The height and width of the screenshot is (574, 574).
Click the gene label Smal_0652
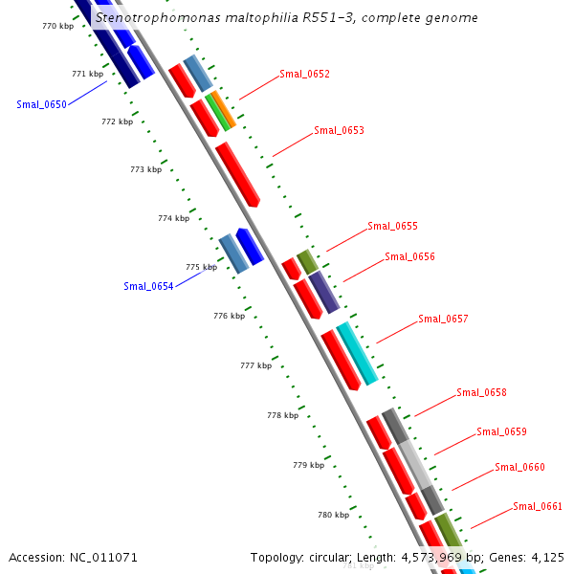click(304, 74)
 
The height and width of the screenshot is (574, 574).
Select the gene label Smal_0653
click(339, 130)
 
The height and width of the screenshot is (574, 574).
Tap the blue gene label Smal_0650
click(41, 104)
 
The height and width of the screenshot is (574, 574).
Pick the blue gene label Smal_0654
click(148, 286)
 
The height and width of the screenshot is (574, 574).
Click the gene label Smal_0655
click(392, 227)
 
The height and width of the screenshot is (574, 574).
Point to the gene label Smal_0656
click(409, 256)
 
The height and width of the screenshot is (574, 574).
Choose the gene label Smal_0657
click(443, 319)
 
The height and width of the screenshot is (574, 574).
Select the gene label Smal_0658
click(481, 392)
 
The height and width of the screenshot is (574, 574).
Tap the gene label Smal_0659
click(501, 431)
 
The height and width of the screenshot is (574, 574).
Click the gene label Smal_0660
click(519, 467)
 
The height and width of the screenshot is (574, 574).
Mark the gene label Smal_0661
click(538, 506)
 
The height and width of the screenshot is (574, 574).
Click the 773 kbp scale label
click(145, 169)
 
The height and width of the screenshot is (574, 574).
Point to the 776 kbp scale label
click(229, 316)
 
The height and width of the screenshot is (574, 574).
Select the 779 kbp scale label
click(308, 465)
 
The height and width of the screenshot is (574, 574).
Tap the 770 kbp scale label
click(57, 26)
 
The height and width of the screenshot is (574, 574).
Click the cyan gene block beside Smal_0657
click(357, 352)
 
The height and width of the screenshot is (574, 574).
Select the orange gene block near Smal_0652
click(222, 109)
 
